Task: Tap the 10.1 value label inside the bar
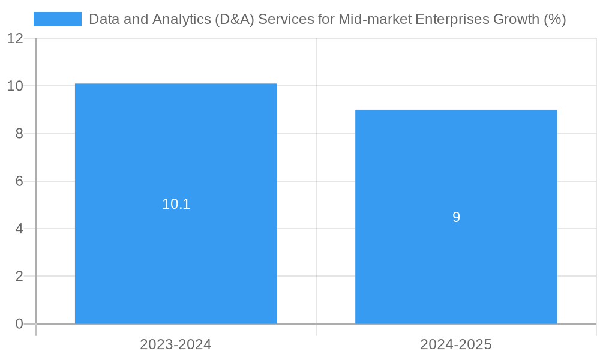point(176,204)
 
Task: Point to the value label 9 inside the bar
point(456,217)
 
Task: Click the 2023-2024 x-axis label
point(176,344)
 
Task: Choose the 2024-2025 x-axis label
point(456,344)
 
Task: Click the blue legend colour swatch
point(58,19)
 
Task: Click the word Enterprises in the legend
point(451,19)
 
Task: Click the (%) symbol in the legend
point(554,19)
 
